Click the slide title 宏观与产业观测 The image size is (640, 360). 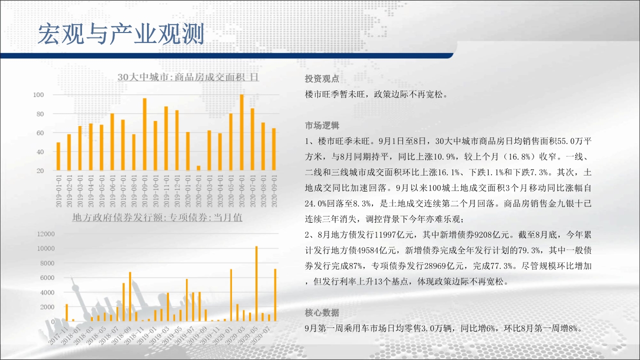[x=121, y=34]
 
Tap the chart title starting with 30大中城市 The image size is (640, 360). [x=188, y=77]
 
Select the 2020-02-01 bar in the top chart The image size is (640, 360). [x=198, y=168]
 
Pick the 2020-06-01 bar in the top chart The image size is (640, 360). [x=241, y=132]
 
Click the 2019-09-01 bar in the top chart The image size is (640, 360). [x=144, y=134]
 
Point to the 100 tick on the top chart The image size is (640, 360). [x=38, y=95]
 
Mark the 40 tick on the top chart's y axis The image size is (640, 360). [x=40, y=152]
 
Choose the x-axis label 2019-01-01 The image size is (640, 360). [x=58, y=191]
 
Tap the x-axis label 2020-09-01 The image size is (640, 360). [x=274, y=191]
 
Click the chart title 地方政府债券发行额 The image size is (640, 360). [x=157, y=217]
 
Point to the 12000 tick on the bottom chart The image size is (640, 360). [x=45, y=234]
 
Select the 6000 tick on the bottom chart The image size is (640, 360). [x=47, y=277]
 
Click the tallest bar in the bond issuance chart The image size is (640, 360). [x=256, y=283]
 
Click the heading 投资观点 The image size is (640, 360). [x=322, y=79]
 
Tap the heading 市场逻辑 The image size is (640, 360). [x=322, y=125]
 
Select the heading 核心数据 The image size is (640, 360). [x=322, y=313]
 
